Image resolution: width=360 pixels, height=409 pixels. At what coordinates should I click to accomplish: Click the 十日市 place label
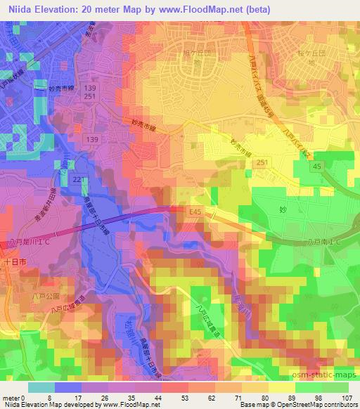(x=13, y=261)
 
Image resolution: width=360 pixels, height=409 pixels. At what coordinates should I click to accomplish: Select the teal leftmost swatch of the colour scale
(x=41, y=387)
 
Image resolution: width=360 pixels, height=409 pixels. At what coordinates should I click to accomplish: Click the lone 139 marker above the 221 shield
(x=91, y=140)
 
